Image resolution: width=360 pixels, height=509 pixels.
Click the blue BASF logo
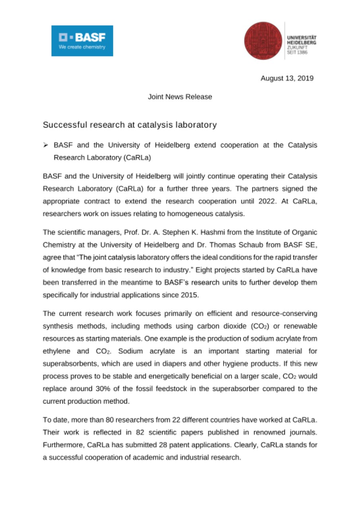pos(82,41)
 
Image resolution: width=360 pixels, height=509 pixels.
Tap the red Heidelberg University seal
pos(263,41)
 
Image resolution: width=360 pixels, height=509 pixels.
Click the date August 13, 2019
pos(287,78)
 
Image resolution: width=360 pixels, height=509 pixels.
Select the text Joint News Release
pos(180,97)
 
